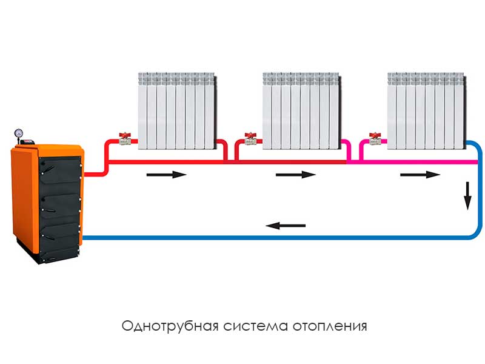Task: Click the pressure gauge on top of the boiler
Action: tap(19, 133)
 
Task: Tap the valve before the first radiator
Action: tap(125, 139)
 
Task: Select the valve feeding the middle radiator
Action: tap(250, 139)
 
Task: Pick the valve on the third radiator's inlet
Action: tap(375, 139)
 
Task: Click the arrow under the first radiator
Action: tap(166, 175)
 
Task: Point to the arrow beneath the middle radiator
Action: tap(295, 175)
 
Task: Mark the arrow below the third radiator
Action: tap(420, 175)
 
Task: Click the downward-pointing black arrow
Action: tap(467, 196)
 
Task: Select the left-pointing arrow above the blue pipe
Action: tap(286, 226)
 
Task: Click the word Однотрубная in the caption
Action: tap(170, 326)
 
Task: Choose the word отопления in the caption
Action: tap(330, 326)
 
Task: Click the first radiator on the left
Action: tap(177, 111)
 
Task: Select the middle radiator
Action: tap(302, 111)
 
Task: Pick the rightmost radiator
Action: tap(427, 111)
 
